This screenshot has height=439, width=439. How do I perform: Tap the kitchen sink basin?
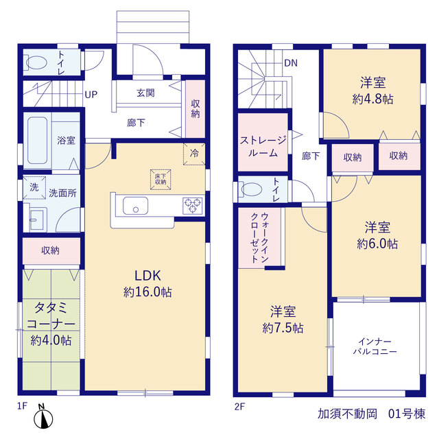pos(136,206)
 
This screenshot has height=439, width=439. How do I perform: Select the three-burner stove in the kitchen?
pos(192,206)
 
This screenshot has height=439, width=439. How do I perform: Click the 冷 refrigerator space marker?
pos(194,154)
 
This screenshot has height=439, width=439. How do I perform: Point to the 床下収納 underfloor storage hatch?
pos(161,180)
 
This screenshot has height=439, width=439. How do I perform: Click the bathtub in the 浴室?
pos(37,140)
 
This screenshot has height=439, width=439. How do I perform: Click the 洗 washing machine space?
pos(34,187)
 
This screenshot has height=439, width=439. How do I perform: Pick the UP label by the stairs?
pos(91,95)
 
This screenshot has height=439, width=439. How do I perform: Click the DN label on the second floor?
pos(291,63)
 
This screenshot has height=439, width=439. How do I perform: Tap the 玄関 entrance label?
pos(145,93)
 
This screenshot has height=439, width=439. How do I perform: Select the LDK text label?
pos(148,276)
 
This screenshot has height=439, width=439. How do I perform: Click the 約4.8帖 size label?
pos(372,99)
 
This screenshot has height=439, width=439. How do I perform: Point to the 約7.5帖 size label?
pos(283,328)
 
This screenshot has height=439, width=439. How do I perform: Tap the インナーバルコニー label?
pos(375,346)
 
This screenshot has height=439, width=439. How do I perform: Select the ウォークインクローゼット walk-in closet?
pos(259,238)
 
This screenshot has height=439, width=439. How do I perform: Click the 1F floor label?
pos(22,405)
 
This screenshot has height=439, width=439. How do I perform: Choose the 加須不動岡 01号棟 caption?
pos(371,414)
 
